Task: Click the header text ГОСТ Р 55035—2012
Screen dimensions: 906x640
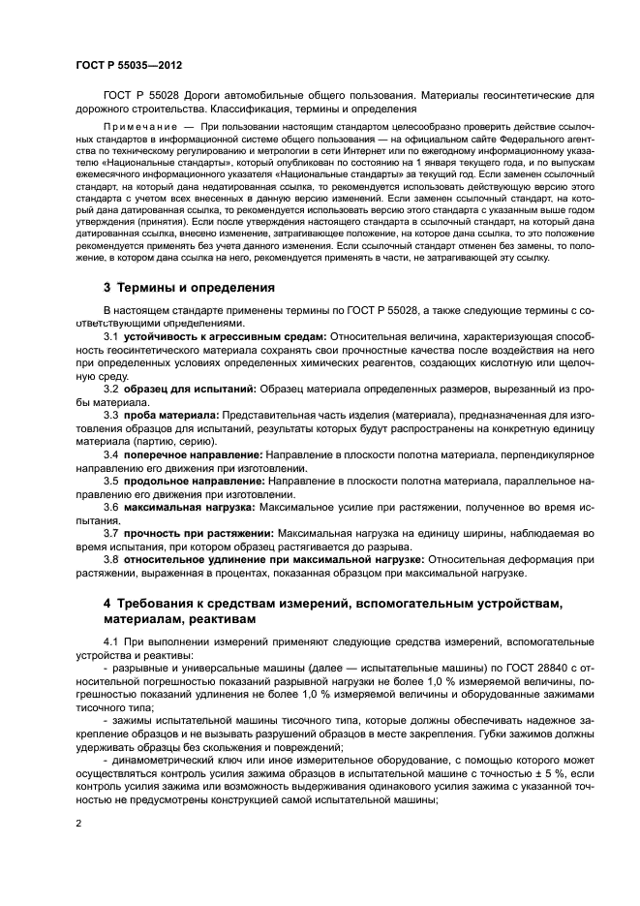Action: pos(128,66)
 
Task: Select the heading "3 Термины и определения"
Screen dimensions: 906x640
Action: pos(189,288)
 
